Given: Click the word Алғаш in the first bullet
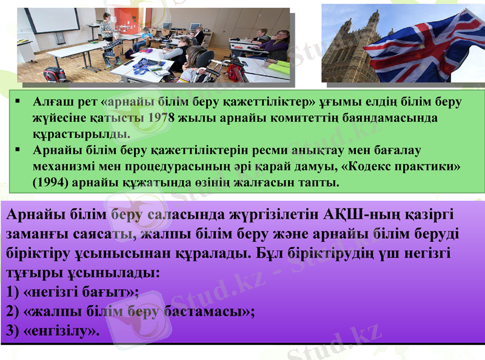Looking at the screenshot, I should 52,101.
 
